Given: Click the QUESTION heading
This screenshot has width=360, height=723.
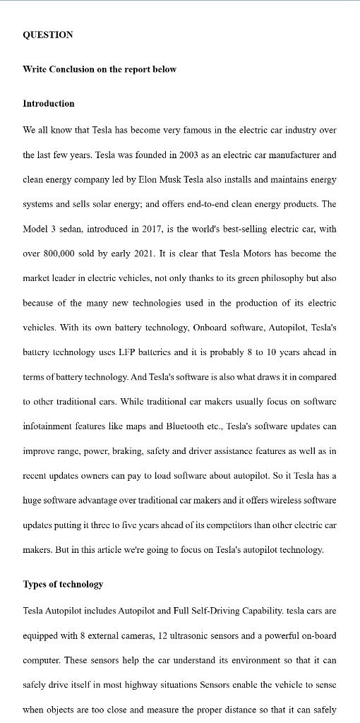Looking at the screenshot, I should (x=48, y=35).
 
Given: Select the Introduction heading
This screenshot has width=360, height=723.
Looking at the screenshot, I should (x=49, y=103).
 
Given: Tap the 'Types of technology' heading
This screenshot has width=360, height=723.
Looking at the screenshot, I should (x=63, y=584).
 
